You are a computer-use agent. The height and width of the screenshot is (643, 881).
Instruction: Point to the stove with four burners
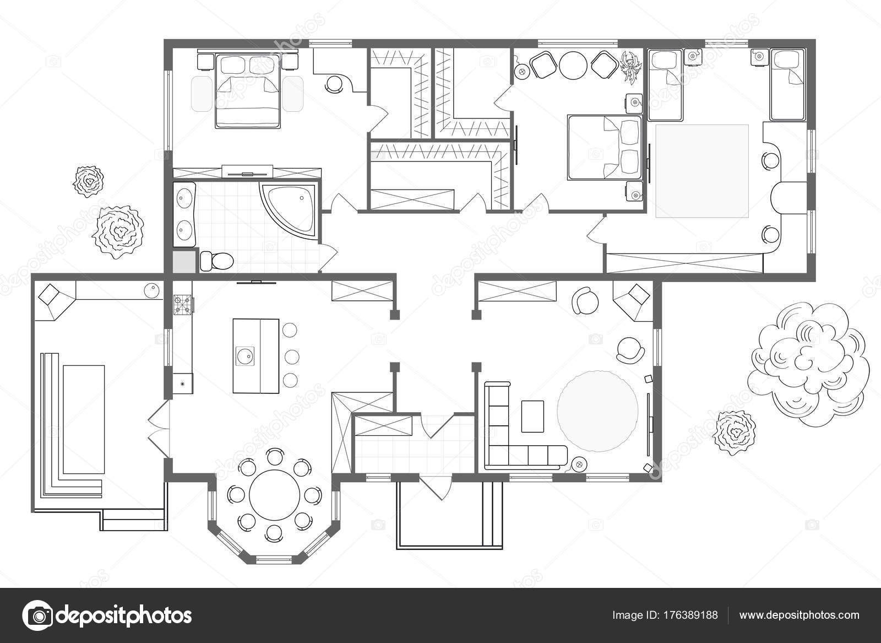pos(183,305)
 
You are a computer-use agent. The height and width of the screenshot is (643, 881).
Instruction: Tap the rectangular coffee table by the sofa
pos(532,416)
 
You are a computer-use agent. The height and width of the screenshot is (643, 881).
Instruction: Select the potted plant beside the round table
pos(631,66)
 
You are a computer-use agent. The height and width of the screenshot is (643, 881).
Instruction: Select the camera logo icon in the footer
pos(37,615)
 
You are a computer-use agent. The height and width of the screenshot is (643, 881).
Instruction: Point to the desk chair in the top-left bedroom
pos(334,84)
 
